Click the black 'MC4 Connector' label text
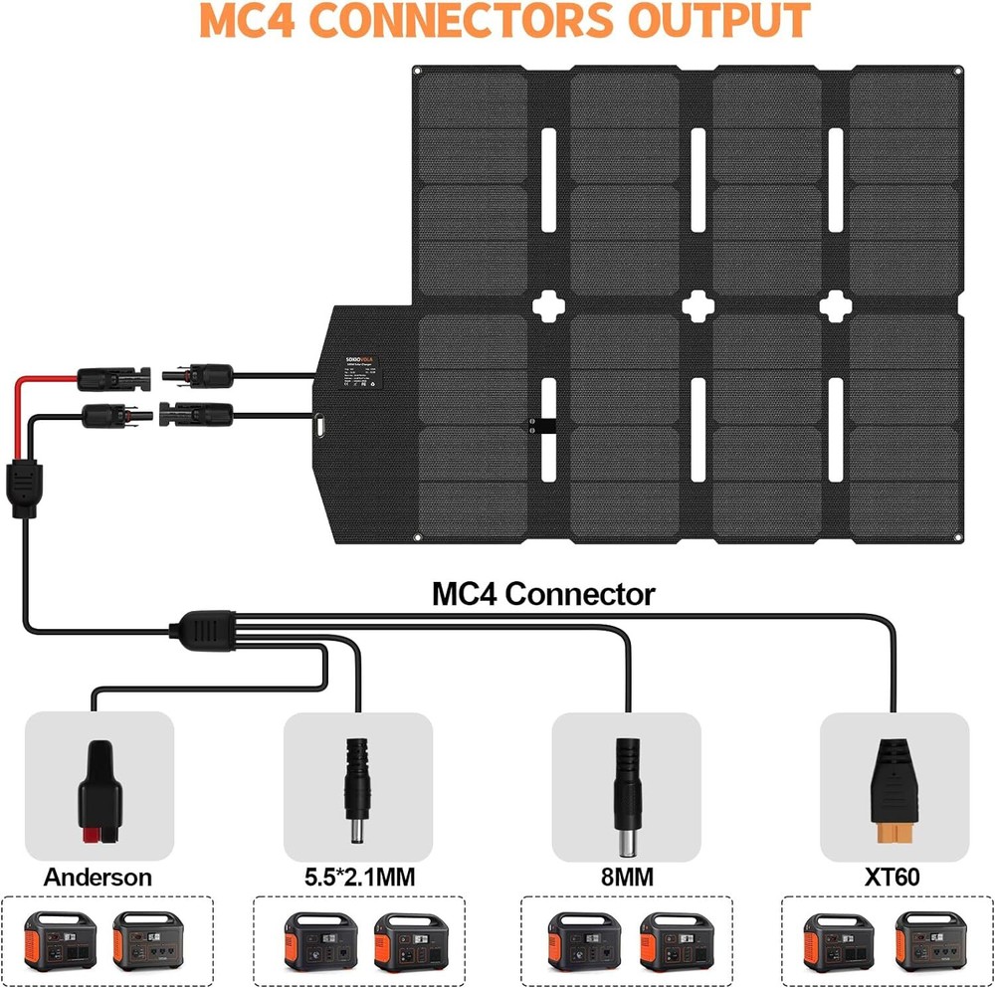(543, 595)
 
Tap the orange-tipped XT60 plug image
(892, 791)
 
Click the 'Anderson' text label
(98, 877)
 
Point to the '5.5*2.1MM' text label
(359, 877)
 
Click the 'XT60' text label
(893, 877)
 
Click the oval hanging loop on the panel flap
(320, 425)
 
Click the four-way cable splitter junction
(205, 630)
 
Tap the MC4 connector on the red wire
(114, 376)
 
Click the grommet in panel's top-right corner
(956, 71)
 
